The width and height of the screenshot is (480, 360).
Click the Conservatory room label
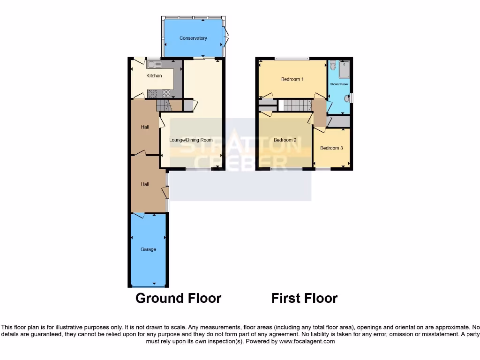click(193, 38)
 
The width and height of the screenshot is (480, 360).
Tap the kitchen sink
click(154, 65)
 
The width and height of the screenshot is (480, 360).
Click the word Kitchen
click(154, 76)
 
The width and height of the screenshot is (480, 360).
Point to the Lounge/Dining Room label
click(191, 140)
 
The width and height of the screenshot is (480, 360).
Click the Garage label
click(148, 249)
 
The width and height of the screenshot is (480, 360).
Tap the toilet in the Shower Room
click(333, 66)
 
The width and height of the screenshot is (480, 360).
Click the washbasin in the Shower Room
click(347, 98)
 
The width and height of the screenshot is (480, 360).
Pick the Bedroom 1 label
click(292, 79)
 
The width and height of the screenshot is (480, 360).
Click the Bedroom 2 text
click(285, 140)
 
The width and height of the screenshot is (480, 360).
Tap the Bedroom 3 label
click(331, 148)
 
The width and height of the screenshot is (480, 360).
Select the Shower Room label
click(339, 84)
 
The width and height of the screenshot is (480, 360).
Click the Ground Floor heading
click(178, 298)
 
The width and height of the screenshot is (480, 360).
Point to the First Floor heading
click(304, 298)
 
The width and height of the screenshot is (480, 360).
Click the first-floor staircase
click(295, 105)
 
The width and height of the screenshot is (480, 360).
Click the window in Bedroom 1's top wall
click(292, 58)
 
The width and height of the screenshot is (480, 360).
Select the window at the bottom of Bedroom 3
click(322, 169)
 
